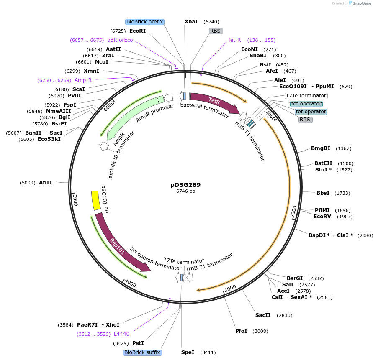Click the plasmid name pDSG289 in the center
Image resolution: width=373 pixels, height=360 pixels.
(x=185, y=184)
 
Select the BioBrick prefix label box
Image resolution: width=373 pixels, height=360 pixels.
(x=144, y=22)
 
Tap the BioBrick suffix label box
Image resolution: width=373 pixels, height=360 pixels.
(x=142, y=352)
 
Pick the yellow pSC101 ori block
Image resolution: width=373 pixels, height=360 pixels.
(x=96, y=201)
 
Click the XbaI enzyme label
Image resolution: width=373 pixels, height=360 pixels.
(x=191, y=22)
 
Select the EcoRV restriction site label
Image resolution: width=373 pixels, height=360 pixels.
(x=322, y=217)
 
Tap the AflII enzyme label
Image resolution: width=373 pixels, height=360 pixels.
(x=46, y=183)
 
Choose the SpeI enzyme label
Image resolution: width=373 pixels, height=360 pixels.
(x=188, y=352)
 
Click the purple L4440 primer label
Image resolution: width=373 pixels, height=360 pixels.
(x=121, y=334)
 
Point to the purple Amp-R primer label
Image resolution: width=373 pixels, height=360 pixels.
(x=83, y=80)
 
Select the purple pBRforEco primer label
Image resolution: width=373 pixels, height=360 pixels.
(x=120, y=40)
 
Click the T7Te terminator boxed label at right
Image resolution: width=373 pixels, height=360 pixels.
(x=306, y=96)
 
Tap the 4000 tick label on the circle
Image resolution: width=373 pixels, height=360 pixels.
(x=131, y=284)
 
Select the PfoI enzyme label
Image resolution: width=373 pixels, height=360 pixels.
(x=241, y=331)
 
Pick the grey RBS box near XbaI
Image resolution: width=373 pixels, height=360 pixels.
(x=215, y=31)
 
